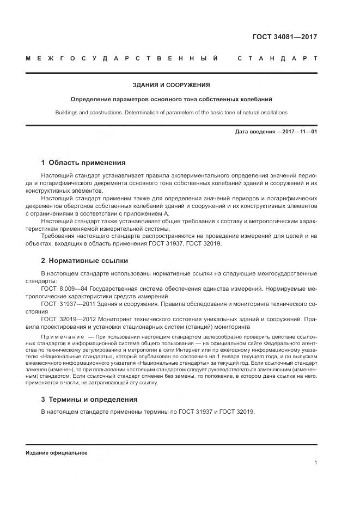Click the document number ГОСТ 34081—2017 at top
pyautogui.click(x=284, y=37)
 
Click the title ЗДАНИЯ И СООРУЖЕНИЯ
pyautogui.click(x=172, y=85)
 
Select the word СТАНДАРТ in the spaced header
pyautogui.click(x=277, y=58)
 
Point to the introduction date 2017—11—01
pyautogui.click(x=298, y=132)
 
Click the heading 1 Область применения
pyautogui.click(x=83, y=162)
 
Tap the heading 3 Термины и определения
pyautogui.click(x=89, y=399)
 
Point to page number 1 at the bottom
pyautogui.click(x=316, y=462)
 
